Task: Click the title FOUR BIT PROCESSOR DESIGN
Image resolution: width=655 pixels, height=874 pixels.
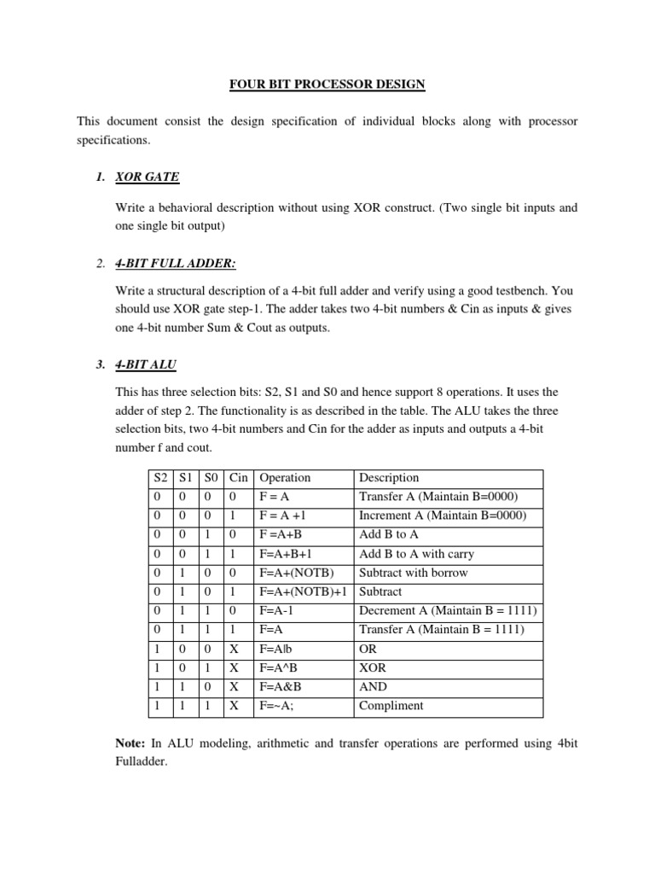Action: click(327, 84)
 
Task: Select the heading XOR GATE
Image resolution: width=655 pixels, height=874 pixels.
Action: click(147, 177)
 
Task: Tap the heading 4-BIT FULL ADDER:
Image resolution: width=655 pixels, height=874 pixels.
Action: click(175, 264)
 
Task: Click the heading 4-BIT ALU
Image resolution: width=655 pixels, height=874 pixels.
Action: click(146, 364)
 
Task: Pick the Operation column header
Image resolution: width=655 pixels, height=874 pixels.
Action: click(285, 478)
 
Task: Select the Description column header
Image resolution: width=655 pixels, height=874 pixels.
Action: click(389, 478)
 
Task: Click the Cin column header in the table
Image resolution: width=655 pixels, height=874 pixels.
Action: click(238, 478)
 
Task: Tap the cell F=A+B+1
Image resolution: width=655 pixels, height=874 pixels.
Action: click(286, 554)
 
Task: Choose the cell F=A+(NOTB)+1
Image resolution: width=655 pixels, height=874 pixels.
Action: click(303, 591)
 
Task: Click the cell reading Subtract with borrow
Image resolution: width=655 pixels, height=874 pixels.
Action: click(413, 573)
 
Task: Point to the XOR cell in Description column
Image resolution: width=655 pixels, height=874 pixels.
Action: click(374, 667)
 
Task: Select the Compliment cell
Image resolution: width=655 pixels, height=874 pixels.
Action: click(391, 706)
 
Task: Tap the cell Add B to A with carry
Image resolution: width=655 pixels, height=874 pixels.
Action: click(413, 554)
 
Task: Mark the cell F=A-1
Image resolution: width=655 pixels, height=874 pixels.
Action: click(275, 610)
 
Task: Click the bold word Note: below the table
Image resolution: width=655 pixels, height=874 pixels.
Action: click(131, 743)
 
